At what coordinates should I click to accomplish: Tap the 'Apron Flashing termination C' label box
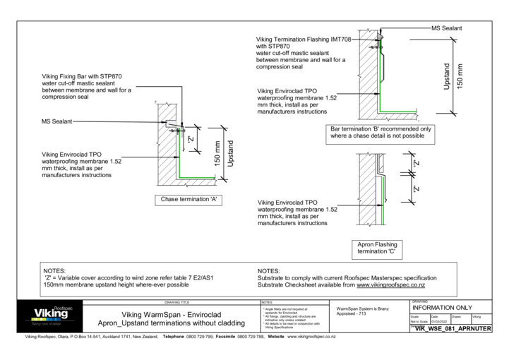click(378, 248)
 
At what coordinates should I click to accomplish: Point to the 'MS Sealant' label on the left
click(57, 121)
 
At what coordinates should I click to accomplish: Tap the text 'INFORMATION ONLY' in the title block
click(441, 308)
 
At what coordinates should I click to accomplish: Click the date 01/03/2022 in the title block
click(439, 322)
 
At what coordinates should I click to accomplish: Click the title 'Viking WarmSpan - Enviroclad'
click(172, 314)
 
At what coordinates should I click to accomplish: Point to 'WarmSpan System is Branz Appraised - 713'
click(365, 312)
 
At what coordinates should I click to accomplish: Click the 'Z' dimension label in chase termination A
click(191, 139)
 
